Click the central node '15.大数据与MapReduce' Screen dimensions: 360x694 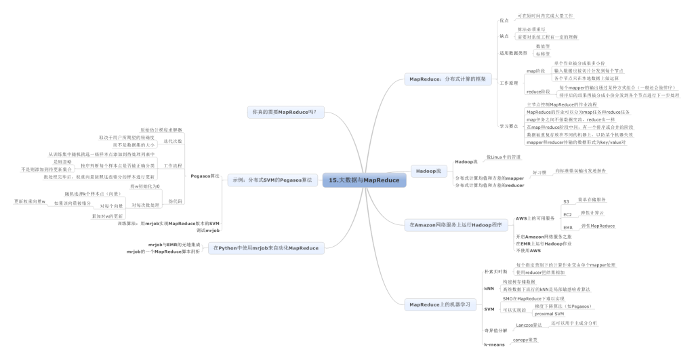(365, 180)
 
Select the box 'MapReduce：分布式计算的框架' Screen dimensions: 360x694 (447, 79)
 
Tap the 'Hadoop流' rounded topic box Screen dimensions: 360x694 (428, 171)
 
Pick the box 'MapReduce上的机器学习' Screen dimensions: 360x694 (439, 304)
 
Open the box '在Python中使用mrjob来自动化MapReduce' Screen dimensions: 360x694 (266, 248)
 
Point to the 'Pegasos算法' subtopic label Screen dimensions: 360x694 (205, 176)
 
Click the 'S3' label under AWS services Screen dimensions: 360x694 (567, 202)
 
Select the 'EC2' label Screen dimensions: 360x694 (568, 214)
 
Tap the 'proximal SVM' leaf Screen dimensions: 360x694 (550, 314)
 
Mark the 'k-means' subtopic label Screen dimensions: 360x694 (494, 344)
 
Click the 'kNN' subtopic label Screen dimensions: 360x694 (489, 288)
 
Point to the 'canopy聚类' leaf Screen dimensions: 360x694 (525, 339)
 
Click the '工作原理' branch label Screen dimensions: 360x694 (509, 82)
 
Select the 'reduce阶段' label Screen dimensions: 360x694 (539, 91)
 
